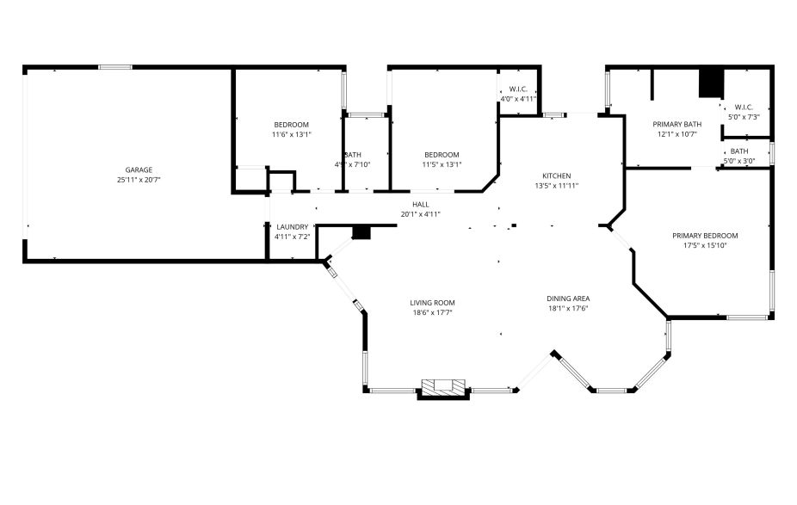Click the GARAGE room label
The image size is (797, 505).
tap(139, 169)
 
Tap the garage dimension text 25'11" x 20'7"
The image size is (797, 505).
tap(139, 180)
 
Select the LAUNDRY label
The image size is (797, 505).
tap(292, 227)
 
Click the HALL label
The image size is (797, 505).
tap(420, 204)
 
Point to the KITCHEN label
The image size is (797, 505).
tap(556, 175)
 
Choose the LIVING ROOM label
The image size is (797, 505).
tap(431, 302)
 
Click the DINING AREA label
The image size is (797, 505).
tap(568, 299)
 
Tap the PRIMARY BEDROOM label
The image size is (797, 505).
tap(705, 235)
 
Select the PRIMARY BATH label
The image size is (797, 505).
tap(677, 124)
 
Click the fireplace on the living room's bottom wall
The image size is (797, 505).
tap(443, 388)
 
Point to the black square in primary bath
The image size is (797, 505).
tap(711, 83)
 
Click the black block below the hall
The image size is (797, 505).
tap(361, 232)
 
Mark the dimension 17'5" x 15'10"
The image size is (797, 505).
tap(705, 245)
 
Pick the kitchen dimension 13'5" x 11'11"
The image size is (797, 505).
tap(556, 185)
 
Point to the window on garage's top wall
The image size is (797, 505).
tap(114, 67)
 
